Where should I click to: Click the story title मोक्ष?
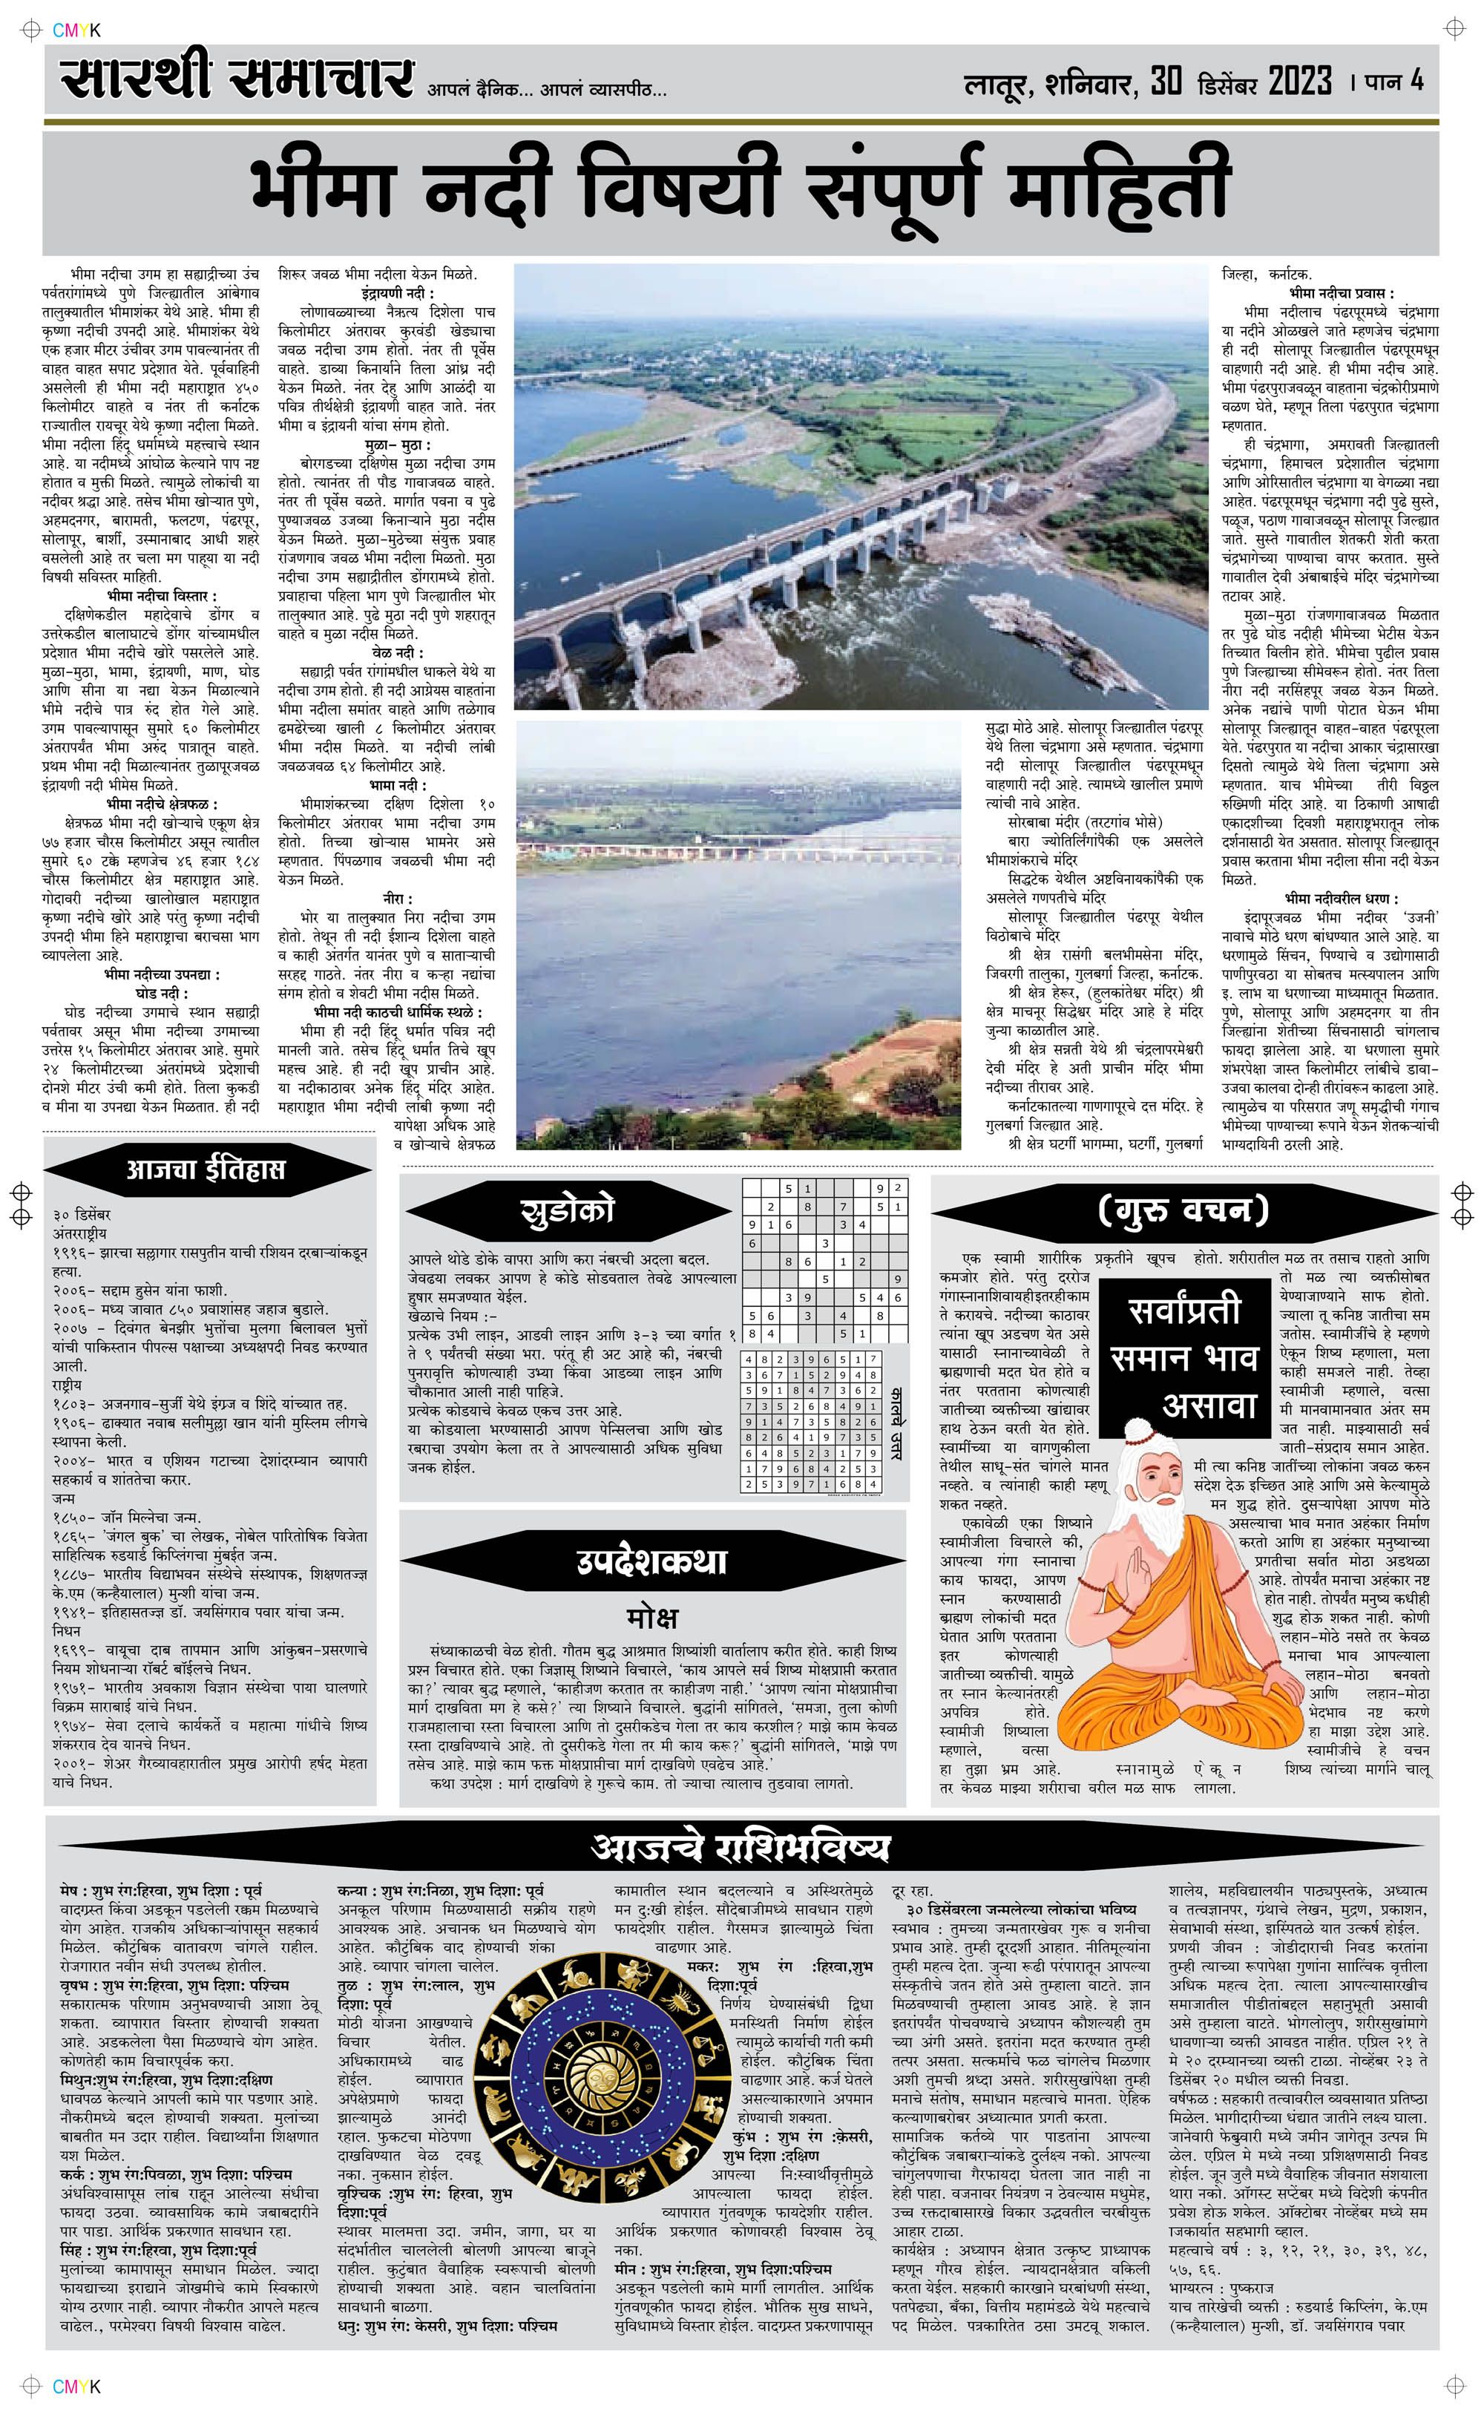click(x=651, y=1616)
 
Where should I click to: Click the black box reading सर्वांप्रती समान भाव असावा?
click(x=1183, y=1358)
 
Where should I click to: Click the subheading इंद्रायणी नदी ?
click(x=395, y=293)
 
